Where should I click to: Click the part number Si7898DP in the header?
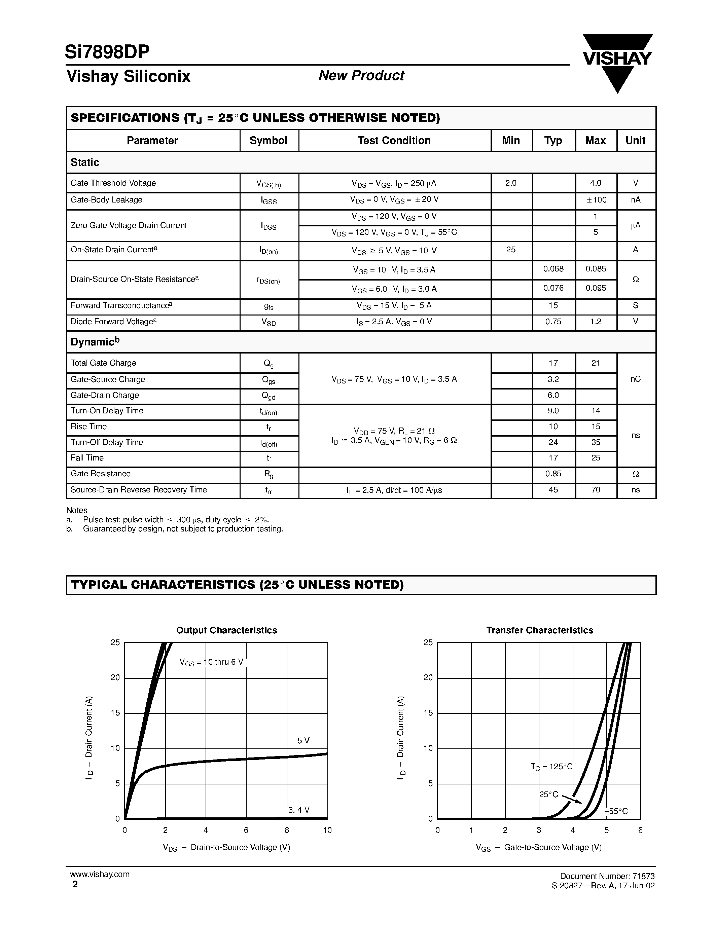coord(107,52)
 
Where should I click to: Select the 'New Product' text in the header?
coord(361,75)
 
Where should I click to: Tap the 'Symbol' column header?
coord(268,141)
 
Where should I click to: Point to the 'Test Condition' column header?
coord(394,141)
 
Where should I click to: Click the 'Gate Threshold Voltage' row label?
coord(113,183)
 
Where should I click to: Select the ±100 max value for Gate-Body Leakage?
coord(596,200)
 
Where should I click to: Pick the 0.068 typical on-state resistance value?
coord(553,269)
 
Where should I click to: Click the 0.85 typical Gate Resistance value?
coord(553,474)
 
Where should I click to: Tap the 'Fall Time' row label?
coord(87,458)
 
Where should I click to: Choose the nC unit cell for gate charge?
coord(635,379)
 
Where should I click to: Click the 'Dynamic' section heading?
coord(95,342)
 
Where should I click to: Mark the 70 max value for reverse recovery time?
coord(596,490)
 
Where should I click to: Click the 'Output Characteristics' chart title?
coord(227,630)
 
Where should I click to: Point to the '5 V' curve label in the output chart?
coord(303,741)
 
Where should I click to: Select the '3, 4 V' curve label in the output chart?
coord(299,810)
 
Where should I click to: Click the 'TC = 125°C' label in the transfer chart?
coord(551,767)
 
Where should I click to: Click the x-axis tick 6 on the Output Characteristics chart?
coord(246,830)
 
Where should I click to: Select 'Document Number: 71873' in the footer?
coord(607,876)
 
